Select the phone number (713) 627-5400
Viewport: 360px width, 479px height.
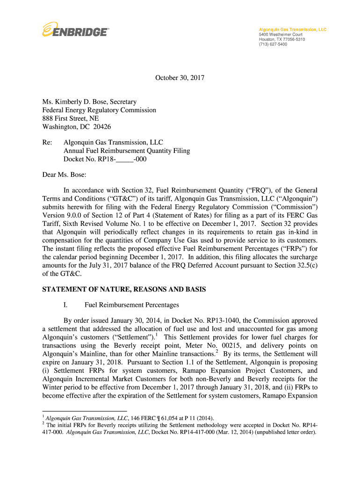click(274, 44)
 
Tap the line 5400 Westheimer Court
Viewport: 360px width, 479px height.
click(281, 35)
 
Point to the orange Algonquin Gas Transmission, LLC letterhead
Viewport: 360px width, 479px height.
click(293, 29)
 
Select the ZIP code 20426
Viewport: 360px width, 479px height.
click(101, 127)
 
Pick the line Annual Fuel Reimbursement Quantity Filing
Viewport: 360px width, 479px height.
click(127, 151)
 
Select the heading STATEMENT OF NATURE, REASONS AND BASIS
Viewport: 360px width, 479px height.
click(124, 290)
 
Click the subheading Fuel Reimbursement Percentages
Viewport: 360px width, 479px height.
click(132, 305)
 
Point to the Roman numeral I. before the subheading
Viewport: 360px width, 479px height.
click(66, 305)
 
